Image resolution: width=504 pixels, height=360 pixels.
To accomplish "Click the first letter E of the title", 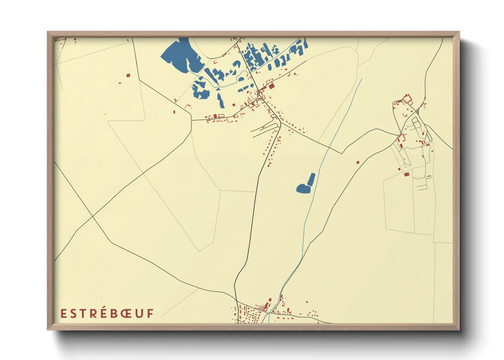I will coord(63,313).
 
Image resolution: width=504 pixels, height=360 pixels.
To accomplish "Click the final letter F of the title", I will coord(150,313).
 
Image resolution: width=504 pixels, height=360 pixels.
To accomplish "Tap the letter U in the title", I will coord(140,313).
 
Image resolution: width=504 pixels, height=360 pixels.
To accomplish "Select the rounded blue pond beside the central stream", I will coord(303,188).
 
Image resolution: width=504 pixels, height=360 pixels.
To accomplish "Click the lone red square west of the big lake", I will coord(128,76).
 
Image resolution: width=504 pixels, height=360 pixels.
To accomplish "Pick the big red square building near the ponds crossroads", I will coord(271,86).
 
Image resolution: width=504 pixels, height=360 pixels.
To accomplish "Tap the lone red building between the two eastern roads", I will coord(358,163).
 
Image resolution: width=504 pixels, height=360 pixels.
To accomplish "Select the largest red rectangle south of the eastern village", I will coord(406,175).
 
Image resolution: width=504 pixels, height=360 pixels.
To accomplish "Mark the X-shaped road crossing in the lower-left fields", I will coord(93,216).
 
